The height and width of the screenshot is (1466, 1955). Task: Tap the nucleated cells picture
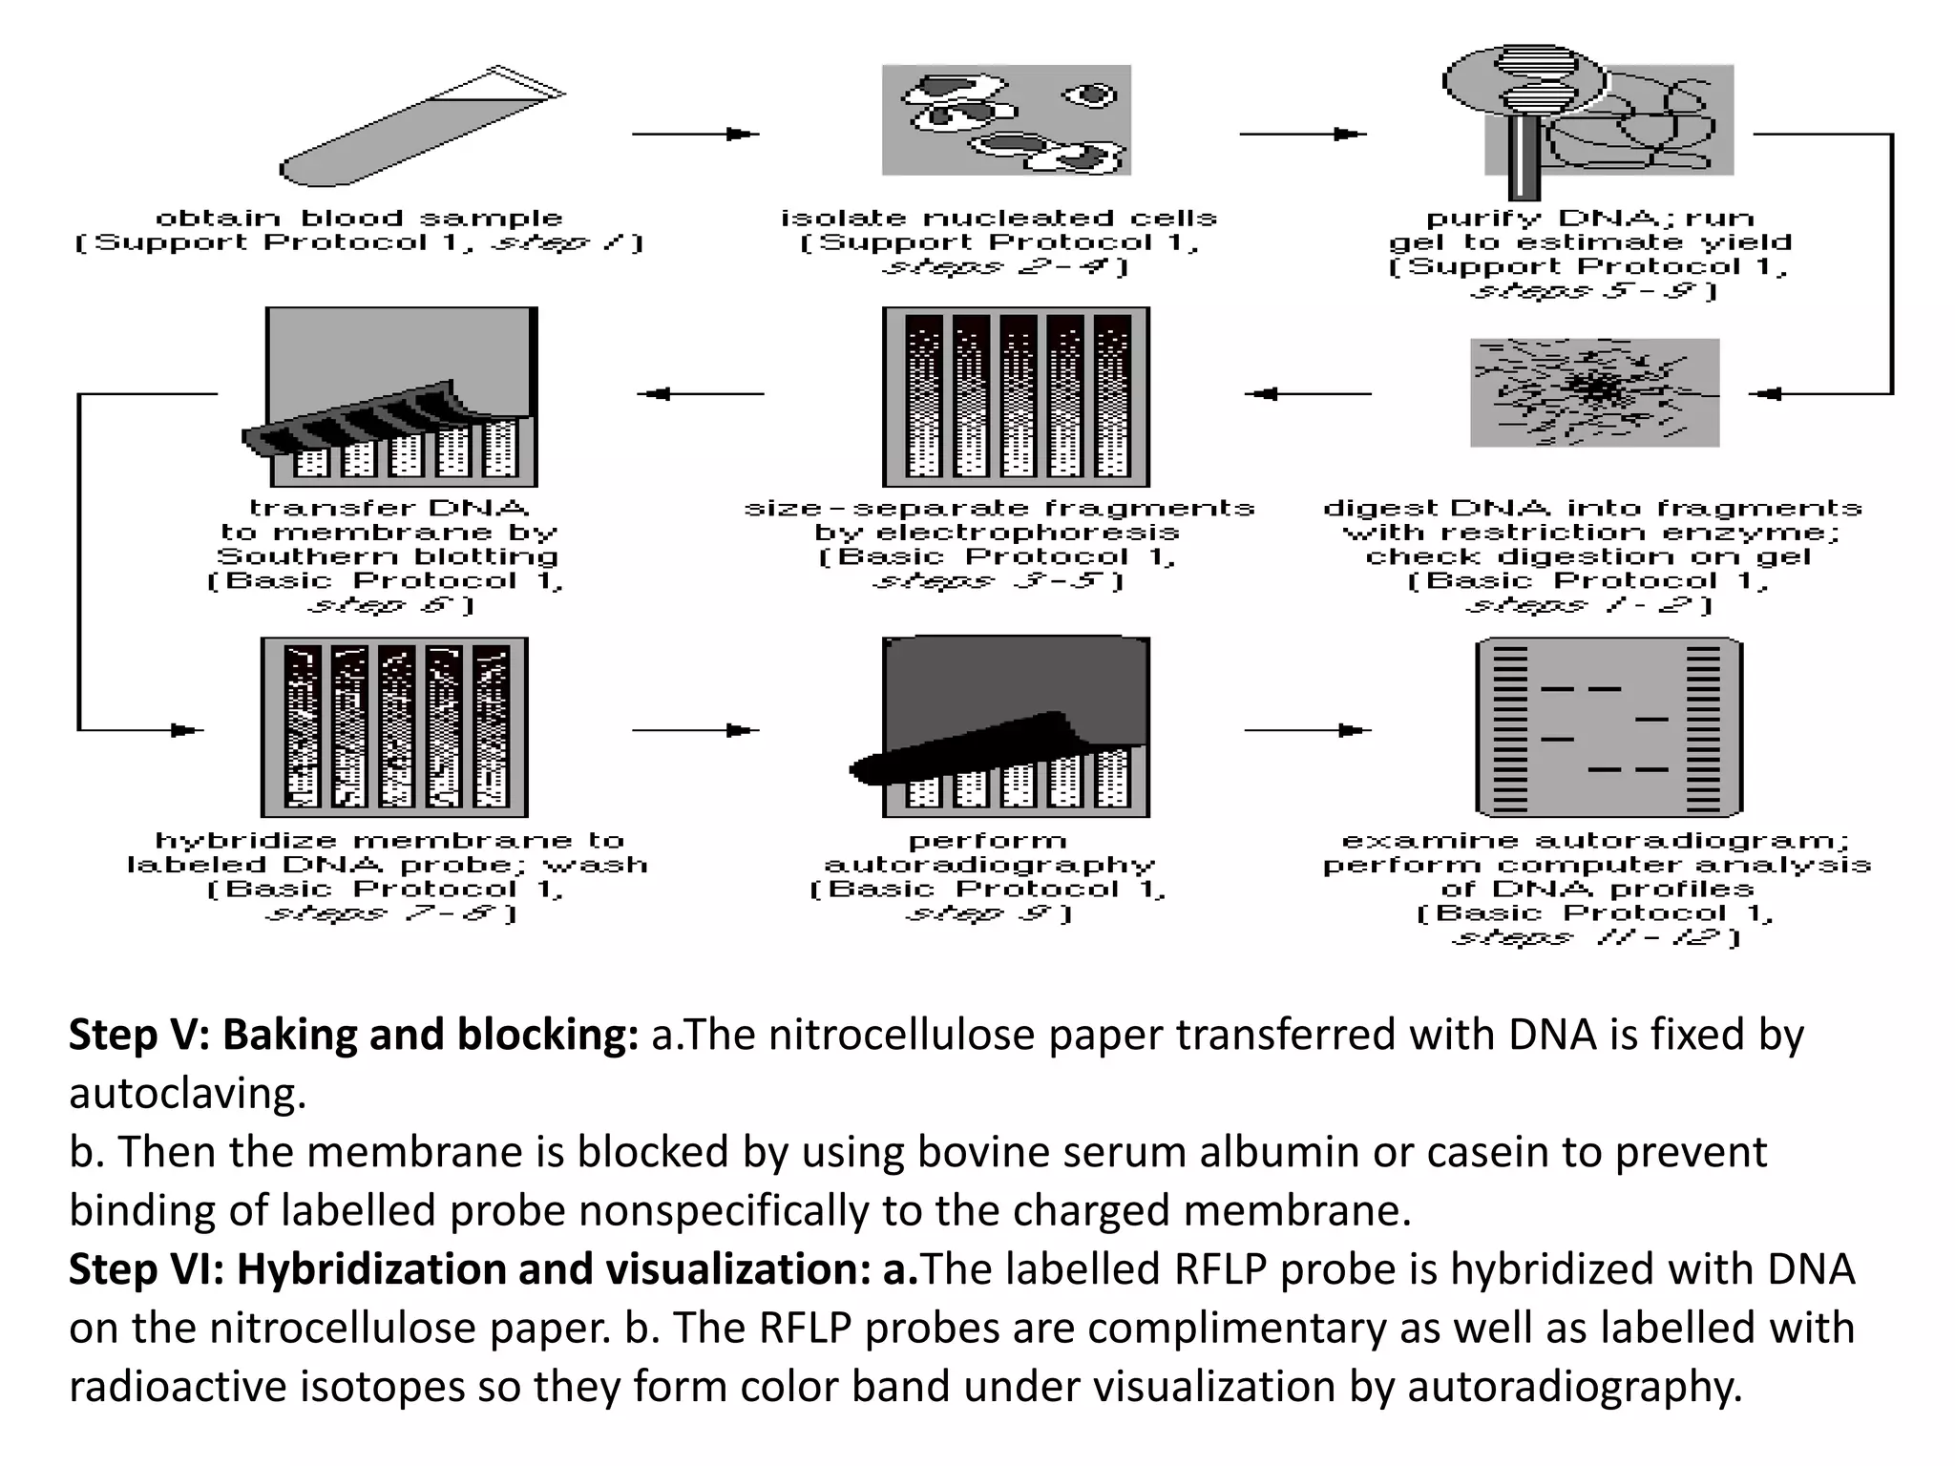[1006, 120]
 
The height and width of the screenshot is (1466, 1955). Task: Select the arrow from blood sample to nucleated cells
[695, 135]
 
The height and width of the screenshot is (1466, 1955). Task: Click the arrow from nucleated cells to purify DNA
[1302, 135]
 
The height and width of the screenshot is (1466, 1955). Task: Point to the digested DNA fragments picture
[1594, 392]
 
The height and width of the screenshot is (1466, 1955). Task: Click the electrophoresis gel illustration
[1016, 397]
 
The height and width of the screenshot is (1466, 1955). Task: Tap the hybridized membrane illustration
[394, 727]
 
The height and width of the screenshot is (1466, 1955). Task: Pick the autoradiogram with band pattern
[1608, 727]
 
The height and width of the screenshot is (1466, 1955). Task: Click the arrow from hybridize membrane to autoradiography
[695, 731]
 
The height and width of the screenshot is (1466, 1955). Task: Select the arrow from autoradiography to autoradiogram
[1307, 731]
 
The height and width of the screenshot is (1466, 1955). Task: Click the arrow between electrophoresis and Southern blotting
[701, 393]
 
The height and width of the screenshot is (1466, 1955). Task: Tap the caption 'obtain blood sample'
[359, 219]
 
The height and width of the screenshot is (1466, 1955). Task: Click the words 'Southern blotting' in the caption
[387, 556]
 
